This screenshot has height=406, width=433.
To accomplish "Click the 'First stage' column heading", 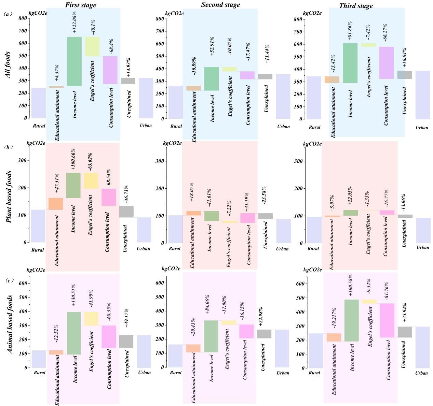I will [x=81, y=5].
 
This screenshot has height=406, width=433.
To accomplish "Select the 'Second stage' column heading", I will [x=220, y=5].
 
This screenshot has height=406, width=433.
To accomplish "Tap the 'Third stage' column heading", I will [x=356, y=5].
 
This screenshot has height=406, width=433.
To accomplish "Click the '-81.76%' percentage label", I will [x=387, y=292].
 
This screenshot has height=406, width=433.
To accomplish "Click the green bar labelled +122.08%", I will [x=74, y=61].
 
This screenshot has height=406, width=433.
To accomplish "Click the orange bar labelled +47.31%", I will [x=56, y=204].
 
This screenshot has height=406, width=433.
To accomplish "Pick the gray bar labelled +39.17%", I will [x=126, y=342].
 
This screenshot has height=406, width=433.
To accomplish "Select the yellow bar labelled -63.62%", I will [x=91, y=181].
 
